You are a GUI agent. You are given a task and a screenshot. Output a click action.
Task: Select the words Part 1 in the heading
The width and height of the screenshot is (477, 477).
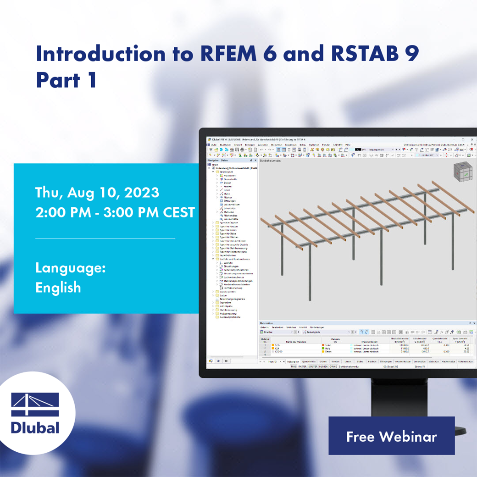67,80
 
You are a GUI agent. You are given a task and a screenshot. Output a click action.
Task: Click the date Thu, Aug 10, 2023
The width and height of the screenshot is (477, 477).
97,193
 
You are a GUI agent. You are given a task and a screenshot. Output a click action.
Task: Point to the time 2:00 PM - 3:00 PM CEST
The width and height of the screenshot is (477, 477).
115,213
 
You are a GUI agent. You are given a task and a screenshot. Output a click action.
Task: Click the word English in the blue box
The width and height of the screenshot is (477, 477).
58,288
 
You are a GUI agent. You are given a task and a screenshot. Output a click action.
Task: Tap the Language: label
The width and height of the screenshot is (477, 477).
71,268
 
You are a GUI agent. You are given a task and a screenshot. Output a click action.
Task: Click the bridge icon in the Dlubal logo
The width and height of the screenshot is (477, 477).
35,405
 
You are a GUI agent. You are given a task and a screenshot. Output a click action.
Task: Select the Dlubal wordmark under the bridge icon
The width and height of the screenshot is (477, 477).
35,427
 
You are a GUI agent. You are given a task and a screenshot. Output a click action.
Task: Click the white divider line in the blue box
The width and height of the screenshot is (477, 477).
105,238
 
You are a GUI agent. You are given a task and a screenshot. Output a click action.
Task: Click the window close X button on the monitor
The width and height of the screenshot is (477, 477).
474,139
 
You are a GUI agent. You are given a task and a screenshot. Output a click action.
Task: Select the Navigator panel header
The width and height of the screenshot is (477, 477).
214,161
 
